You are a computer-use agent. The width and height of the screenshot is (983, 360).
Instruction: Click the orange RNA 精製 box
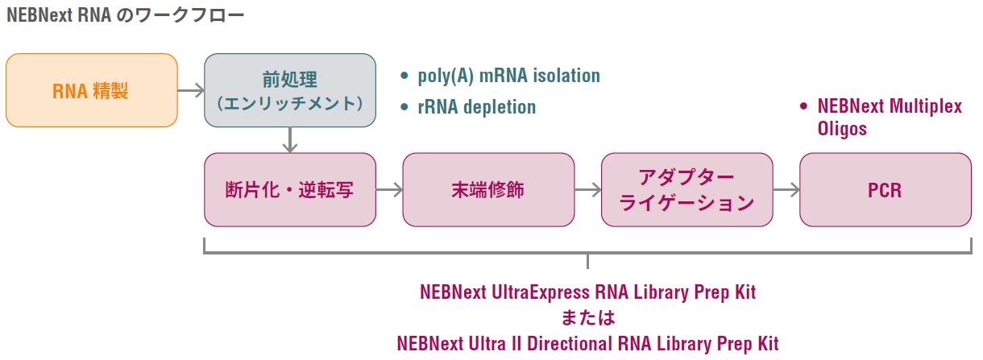pos(91,90)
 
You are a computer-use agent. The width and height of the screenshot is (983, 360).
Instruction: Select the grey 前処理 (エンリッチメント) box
pos(290,90)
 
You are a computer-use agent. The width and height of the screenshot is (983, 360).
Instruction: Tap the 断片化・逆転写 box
pos(290,190)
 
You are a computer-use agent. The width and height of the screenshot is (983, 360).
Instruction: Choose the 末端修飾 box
pos(488,190)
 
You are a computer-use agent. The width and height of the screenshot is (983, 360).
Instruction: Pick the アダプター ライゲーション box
pos(686,190)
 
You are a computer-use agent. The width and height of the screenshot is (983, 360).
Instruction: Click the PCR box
pos(885,190)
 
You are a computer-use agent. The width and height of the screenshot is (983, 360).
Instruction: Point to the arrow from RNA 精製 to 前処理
pos(190,90)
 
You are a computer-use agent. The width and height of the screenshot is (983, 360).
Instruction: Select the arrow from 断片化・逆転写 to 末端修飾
pos(389,190)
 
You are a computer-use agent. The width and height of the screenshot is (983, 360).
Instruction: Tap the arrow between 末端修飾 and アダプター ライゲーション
pos(587,190)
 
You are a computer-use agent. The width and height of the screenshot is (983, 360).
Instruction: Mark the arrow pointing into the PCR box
pos(786,190)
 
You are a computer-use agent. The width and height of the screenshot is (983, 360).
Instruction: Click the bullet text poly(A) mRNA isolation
pos(508,77)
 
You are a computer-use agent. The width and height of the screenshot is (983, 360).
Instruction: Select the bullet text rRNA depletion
pos(476,107)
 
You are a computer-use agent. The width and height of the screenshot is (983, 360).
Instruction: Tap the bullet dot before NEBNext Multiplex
pos(803,106)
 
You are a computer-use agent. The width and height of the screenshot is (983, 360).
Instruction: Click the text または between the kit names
pos(587,317)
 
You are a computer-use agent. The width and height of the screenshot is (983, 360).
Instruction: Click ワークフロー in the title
pos(196,15)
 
